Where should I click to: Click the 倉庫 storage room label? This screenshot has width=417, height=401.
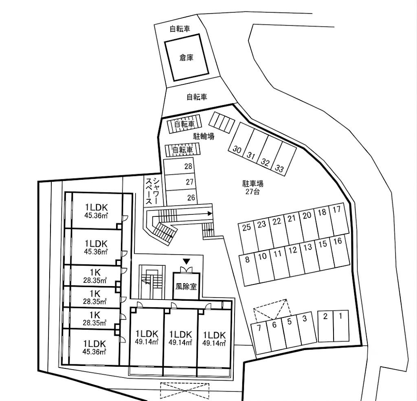pyautogui.click(x=186, y=57)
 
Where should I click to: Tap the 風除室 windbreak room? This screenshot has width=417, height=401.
pyautogui.click(x=186, y=286)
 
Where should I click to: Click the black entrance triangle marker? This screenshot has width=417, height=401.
pyautogui.click(x=187, y=261)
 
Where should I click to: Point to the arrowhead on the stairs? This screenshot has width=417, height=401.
pyautogui.click(x=210, y=214)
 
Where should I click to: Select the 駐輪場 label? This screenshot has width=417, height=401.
pyautogui.click(x=204, y=137)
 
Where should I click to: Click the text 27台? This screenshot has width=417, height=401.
pyautogui.click(x=252, y=192)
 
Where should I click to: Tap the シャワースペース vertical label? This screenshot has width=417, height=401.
pyautogui.click(x=152, y=191)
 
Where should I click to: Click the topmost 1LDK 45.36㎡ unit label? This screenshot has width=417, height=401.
pyautogui.click(x=96, y=211)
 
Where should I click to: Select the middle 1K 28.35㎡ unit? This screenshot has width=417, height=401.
pyautogui.click(x=94, y=297)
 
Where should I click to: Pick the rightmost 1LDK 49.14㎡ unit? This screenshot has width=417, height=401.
pyautogui.click(x=214, y=339)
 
